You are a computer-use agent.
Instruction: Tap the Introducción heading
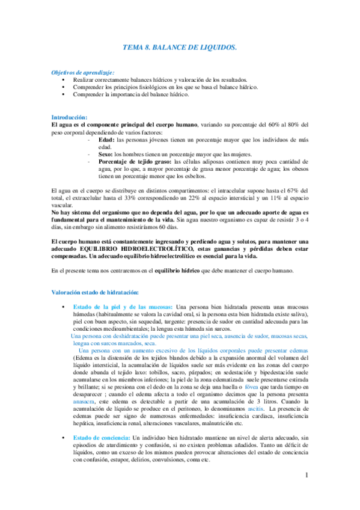pos(70,117)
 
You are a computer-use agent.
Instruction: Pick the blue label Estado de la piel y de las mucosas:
pos(123,307)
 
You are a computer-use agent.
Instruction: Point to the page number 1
pos(307,492)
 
